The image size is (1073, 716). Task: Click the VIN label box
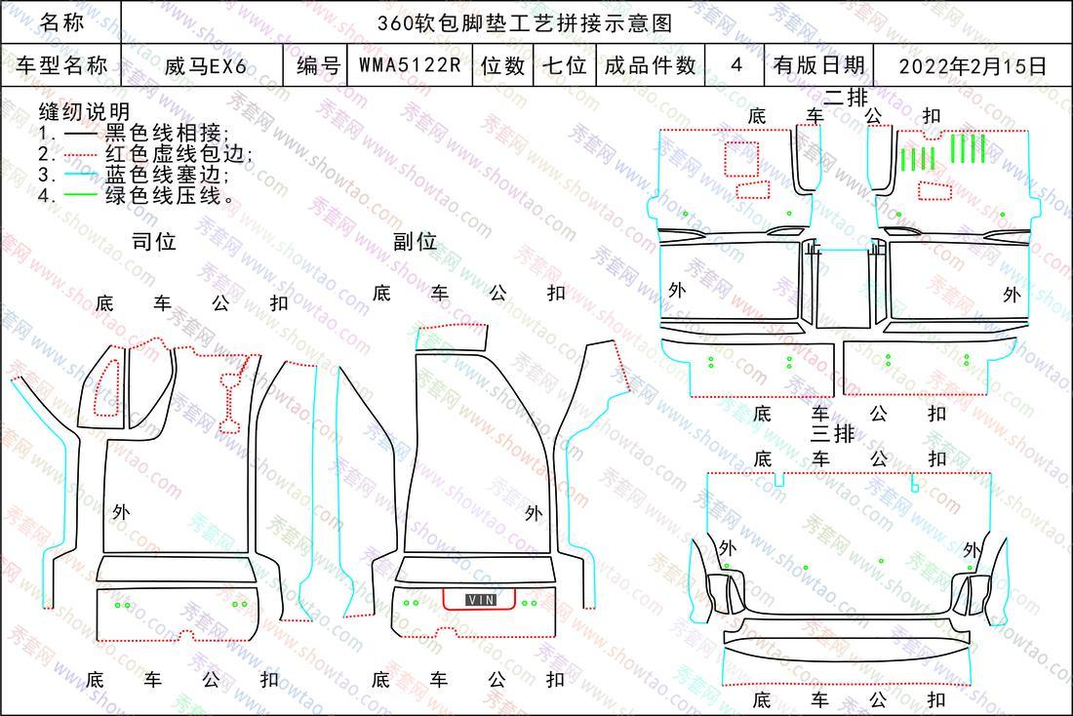481,600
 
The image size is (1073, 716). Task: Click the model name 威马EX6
205,66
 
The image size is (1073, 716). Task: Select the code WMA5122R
410,65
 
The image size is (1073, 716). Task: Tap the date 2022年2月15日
973,66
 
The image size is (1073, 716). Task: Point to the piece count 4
736,65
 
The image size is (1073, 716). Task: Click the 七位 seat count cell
565,65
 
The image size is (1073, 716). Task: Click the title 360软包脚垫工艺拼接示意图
525,23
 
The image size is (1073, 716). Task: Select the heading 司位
154,242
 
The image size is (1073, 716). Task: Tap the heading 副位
415,242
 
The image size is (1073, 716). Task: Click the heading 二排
846,98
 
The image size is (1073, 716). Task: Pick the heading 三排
833,434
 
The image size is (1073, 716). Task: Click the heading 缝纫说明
84,111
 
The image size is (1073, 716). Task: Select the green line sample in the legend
80,195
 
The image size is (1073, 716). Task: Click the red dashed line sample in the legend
80,154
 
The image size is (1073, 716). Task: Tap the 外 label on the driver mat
120,511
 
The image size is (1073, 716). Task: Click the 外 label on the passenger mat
533,513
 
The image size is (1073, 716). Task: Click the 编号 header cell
318,65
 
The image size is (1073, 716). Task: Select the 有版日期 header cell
819,65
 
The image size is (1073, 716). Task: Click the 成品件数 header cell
650,65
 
